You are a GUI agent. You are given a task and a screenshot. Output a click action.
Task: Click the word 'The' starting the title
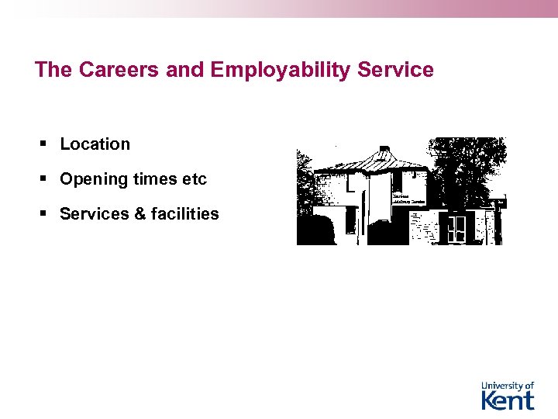[53, 70]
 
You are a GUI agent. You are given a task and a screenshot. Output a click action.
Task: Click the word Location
[95, 144]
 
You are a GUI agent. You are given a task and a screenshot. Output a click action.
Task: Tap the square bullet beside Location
[45, 144]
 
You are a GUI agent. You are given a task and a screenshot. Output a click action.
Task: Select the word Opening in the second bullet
[94, 179]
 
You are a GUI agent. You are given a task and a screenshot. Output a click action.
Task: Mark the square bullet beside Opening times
[45, 179]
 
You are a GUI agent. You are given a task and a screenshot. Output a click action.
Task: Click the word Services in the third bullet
[95, 213]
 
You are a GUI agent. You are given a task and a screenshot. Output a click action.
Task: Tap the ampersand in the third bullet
[140, 213]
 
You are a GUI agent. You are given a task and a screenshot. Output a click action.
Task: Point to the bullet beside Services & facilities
[45, 213]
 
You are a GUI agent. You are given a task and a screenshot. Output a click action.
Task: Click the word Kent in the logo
[508, 400]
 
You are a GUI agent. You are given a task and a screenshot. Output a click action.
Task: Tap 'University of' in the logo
[508, 386]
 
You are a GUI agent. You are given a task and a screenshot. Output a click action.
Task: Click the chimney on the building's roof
[384, 150]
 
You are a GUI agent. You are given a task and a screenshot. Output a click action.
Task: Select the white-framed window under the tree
[457, 227]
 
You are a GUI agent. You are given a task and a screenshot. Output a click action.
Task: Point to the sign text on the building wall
[408, 199]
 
